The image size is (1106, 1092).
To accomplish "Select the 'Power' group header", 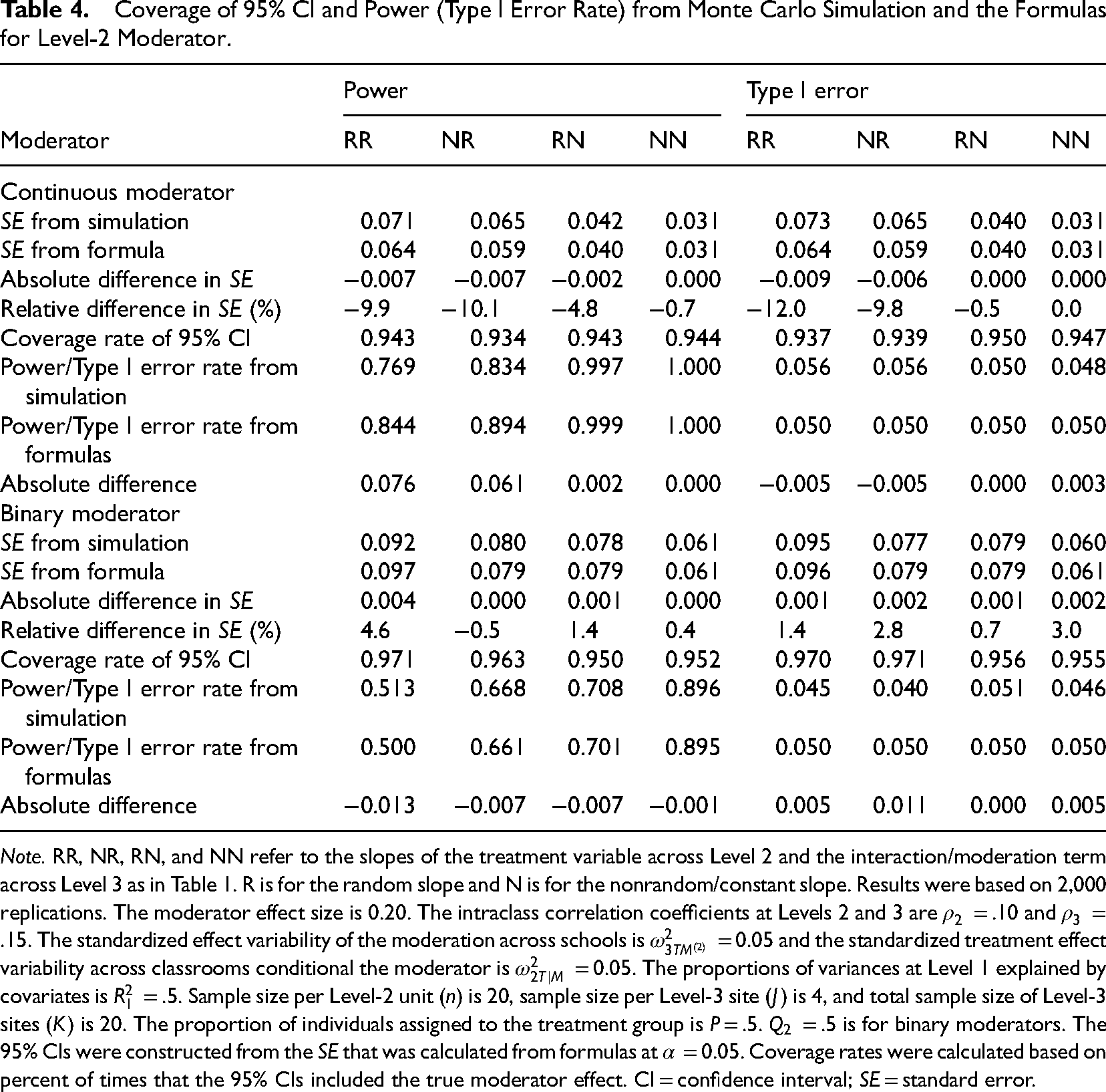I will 375,91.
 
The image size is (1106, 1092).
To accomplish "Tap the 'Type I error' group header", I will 807,91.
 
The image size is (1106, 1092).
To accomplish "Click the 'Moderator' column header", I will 55,140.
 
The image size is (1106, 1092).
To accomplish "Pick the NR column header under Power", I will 457,140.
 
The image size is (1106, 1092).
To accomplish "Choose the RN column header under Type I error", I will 970,140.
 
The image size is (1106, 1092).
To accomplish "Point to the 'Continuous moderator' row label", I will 117,192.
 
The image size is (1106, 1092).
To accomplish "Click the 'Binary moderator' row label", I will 90,514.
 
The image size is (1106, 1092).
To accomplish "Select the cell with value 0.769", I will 387,368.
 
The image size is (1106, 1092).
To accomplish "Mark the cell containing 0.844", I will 387,426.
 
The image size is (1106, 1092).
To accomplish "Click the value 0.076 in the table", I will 387,485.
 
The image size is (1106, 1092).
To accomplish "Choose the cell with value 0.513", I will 387,689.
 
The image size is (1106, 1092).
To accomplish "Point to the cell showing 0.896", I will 693,689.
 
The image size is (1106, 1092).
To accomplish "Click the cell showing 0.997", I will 595,368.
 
